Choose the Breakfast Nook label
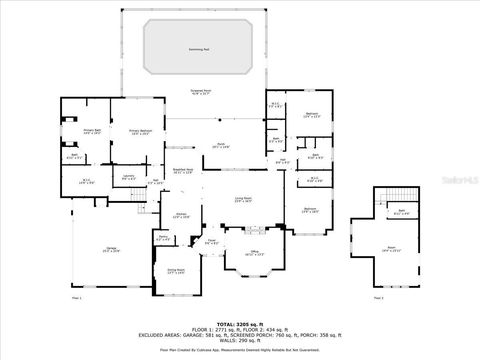(x=182, y=172)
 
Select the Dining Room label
(x=175, y=271)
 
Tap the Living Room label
(x=242, y=200)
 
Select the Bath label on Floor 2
(x=400, y=212)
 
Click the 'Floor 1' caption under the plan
(x=77, y=298)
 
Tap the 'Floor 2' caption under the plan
(x=377, y=298)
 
